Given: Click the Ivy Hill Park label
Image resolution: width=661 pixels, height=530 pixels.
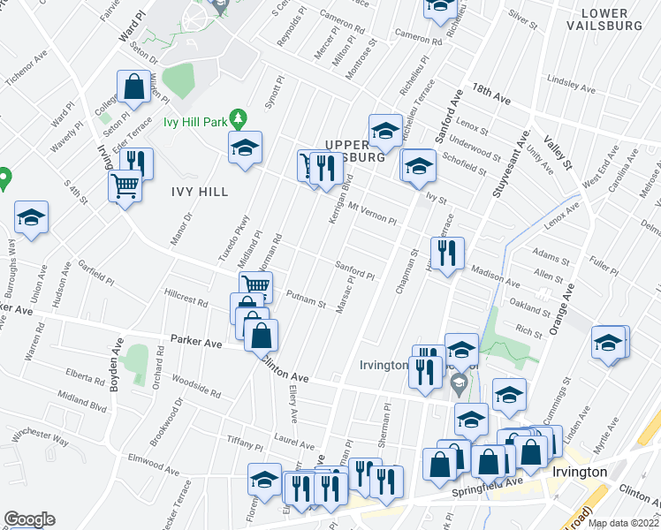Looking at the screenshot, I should pos(194,123).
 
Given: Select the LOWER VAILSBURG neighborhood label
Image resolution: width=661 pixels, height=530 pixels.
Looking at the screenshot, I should pos(617,19).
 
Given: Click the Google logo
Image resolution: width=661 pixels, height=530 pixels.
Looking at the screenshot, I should pos(29,519).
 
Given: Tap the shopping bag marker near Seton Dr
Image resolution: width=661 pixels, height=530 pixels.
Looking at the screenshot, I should pos(134,87).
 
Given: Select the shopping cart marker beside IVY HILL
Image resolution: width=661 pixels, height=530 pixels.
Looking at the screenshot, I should pos(125,186).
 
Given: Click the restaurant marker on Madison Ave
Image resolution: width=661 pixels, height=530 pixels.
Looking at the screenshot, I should pos(447,254).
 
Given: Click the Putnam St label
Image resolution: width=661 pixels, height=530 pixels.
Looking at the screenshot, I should pos(301,299).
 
